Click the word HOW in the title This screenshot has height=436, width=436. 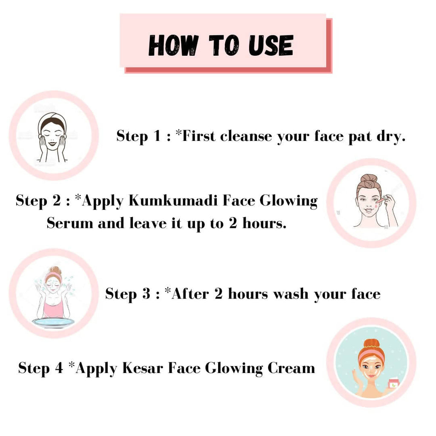click(x=174, y=45)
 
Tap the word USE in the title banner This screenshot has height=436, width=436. click(x=271, y=45)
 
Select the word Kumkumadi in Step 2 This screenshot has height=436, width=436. click(x=173, y=201)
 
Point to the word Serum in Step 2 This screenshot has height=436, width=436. click(x=70, y=223)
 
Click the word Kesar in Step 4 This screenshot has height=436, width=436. click(x=143, y=368)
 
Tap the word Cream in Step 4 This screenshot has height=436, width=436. click(x=291, y=368)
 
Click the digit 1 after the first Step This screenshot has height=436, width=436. click(x=158, y=136)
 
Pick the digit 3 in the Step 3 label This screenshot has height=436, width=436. click(x=146, y=294)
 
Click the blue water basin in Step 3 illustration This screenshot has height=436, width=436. click(x=53, y=322)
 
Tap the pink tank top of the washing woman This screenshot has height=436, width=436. click(x=53, y=309)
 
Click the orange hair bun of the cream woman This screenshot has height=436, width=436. click(x=371, y=344)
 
